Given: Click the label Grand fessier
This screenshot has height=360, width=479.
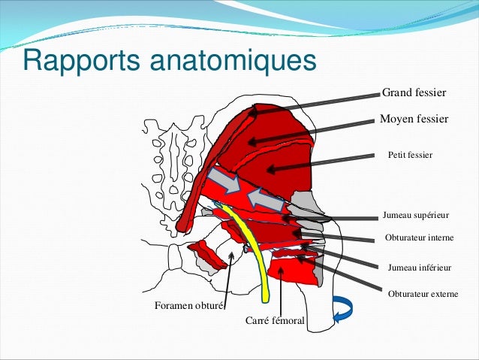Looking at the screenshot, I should (x=414, y=93).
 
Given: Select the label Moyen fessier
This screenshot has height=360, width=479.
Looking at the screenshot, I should (x=414, y=119).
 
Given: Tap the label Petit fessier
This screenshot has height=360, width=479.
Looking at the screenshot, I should (x=411, y=155).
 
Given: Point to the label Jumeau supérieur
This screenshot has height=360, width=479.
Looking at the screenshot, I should (x=415, y=215).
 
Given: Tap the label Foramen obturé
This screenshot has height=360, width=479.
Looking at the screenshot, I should (x=188, y=306).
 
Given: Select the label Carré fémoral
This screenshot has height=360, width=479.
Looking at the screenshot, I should (x=275, y=321).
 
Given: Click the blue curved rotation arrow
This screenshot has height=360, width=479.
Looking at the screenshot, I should (x=343, y=309).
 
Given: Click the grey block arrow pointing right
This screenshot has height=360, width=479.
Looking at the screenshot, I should (x=224, y=180).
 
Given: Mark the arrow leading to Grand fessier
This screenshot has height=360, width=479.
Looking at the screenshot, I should (x=315, y=102).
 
